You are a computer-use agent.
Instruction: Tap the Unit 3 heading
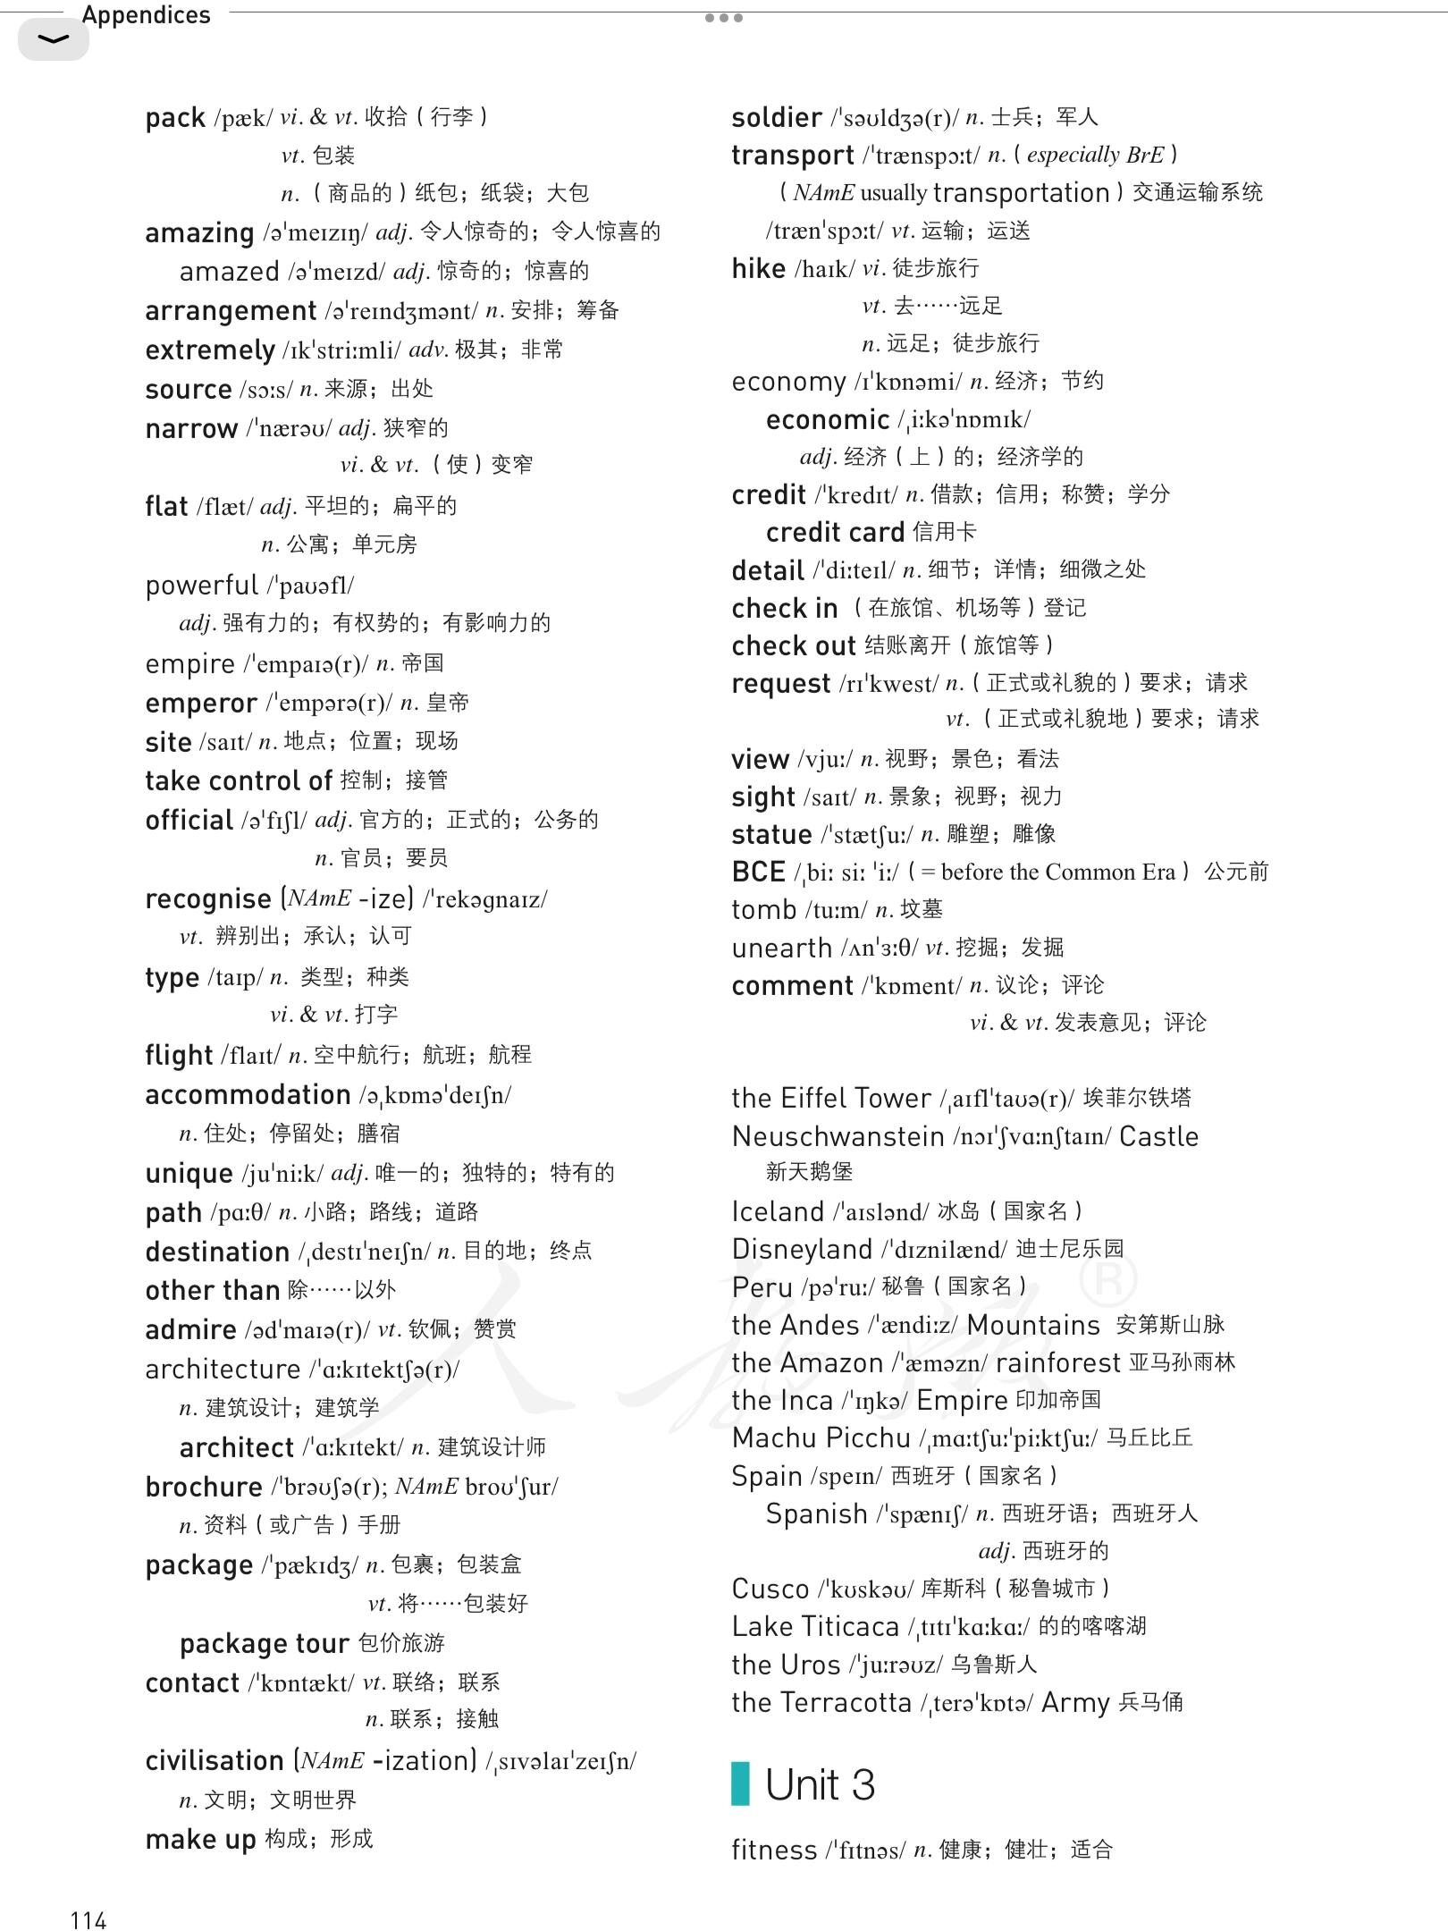coord(820,1784)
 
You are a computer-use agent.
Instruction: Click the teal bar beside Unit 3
coord(740,1784)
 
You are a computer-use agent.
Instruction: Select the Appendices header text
coord(146,15)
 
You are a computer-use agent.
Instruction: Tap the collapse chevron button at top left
coord(54,39)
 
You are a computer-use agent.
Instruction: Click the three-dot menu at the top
coord(723,18)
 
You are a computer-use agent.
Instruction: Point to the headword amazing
coord(199,232)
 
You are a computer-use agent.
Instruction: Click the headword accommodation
coord(248,1094)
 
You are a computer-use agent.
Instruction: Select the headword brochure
coord(204,1487)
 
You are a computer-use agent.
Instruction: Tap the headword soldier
coord(776,117)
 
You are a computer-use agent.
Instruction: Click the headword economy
coord(788,382)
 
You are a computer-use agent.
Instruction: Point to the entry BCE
coord(758,872)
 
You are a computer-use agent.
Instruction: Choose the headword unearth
coord(781,948)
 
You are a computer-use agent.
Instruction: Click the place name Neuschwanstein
coord(838,1136)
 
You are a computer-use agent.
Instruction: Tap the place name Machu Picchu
coord(821,1438)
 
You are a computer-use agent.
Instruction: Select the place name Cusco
coord(770,1589)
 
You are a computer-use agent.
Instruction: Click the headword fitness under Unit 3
coord(774,1849)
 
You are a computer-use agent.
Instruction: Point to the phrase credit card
coord(835,532)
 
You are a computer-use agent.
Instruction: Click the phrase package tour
coord(264,1643)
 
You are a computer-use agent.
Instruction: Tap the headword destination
coord(217,1252)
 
